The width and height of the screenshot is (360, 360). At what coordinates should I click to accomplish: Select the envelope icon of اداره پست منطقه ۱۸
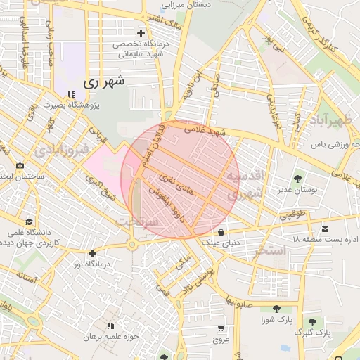pyautogui.click(x=325, y=229)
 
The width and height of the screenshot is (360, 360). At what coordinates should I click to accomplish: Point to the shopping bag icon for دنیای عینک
pyautogui.click(x=221, y=232)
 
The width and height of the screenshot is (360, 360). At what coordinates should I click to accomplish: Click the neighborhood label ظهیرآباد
pyautogui.click(x=330, y=120)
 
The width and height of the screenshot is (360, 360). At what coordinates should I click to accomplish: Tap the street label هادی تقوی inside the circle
pyautogui.click(x=174, y=184)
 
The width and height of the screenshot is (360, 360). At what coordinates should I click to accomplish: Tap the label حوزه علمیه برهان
pyautogui.click(x=110, y=337)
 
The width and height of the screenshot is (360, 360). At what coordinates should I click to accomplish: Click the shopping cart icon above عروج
pyautogui.click(x=221, y=328)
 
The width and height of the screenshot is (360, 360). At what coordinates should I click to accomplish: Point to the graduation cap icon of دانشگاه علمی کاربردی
pyautogui.click(x=28, y=221)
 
